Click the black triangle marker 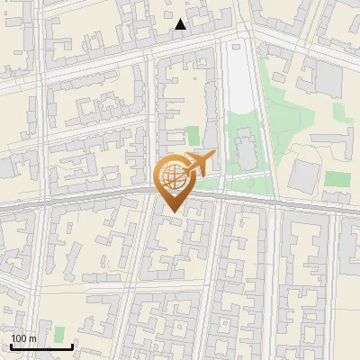[181, 24]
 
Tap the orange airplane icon [198, 164]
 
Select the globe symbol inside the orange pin [171, 175]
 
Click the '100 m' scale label [23, 338]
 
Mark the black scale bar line [41, 346]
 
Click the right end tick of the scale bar [72, 345]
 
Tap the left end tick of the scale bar [11, 345]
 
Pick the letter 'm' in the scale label [32, 338]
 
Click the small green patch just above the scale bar [59, 334]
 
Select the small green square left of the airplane [192, 136]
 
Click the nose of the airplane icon [214, 156]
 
